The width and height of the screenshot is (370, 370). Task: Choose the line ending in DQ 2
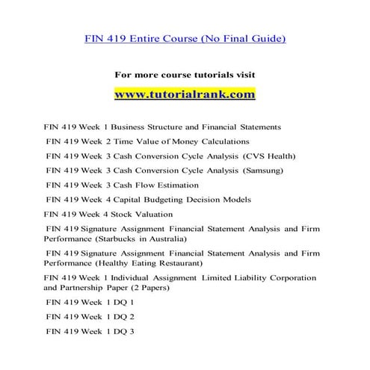point(90,316)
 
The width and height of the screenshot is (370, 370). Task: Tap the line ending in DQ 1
point(90,302)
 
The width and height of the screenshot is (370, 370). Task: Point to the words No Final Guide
point(247,38)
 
